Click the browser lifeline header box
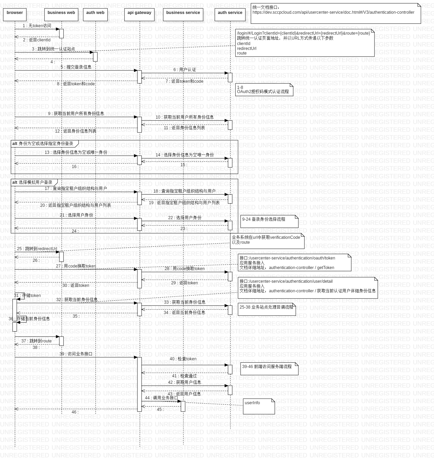click(x=15, y=14)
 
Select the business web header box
click(x=61, y=14)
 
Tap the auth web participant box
click(x=95, y=14)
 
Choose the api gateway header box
click(x=139, y=14)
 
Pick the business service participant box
click(x=183, y=14)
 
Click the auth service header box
click(x=230, y=14)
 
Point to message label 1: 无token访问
click(x=37, y=26)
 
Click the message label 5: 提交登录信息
click(x=76, y=67)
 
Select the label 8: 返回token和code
click(x=76, y=84)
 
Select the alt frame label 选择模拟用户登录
click(x=33, y=182)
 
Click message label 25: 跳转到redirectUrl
click(x=37, y=249)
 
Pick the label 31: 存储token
click(x=27, y=295)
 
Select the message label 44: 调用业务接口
click(x=162, y=398)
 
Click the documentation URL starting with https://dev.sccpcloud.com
click(x=333, y=12)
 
